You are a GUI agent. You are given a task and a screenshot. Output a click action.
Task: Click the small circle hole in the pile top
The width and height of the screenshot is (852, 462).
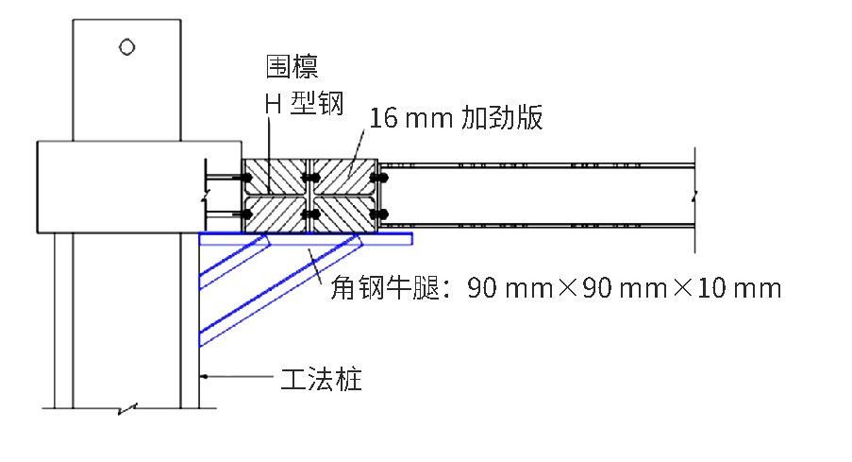[127, 47]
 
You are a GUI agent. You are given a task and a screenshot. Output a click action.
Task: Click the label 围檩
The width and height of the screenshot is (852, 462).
[292, 67]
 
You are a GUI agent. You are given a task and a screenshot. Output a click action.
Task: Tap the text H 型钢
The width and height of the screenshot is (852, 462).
[304, 103]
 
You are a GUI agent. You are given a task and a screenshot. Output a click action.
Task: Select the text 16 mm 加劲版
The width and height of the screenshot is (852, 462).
[456, 117]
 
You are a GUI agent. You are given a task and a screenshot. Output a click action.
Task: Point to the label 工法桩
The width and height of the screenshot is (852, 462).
[321, 379]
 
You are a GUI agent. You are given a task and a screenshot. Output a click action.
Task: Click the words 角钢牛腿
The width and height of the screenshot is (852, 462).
[385, 287]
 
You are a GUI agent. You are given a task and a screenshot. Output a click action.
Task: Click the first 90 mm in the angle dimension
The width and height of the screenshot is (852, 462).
[510, 288]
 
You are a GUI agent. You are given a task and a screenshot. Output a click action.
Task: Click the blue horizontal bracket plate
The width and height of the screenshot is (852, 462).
[306, 239]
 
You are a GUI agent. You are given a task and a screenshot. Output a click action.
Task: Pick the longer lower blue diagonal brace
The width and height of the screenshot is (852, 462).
[281, 290]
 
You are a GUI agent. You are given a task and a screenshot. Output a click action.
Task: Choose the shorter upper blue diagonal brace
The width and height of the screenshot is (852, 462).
[235, 262]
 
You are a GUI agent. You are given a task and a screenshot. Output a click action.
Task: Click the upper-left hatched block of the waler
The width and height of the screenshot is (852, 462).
[275, 177]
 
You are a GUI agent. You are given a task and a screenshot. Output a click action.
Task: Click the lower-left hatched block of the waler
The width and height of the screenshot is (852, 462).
[275, 214]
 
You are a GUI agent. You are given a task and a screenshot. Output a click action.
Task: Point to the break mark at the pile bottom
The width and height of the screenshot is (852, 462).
[127, 409]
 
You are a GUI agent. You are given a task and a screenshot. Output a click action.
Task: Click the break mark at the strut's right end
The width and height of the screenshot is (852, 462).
[694, 195]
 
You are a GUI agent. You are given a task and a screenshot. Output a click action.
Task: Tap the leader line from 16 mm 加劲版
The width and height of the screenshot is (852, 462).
[357, 153]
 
